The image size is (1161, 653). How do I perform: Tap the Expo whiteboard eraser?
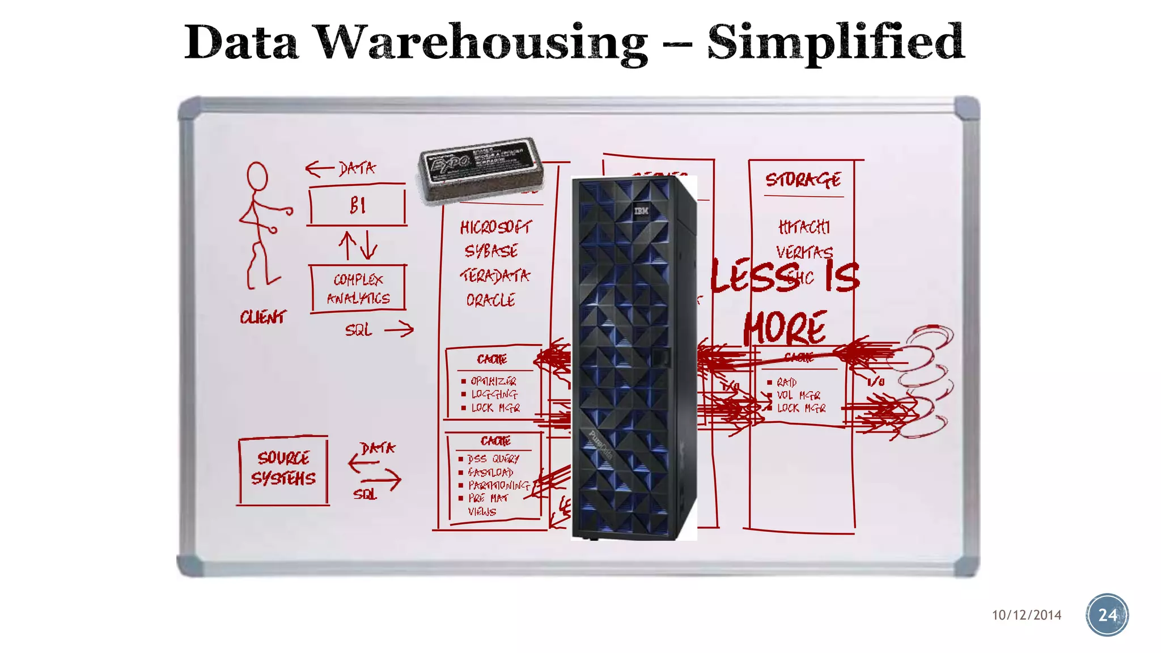(x=481, y=168)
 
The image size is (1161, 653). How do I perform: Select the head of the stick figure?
(x=257, y=176)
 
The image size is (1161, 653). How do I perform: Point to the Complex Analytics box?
(x=358, y=289)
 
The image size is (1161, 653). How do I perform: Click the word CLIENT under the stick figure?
(x=263, y=317)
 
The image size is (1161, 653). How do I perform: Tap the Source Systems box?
(x=283, y=469)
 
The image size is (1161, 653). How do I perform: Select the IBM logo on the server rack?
(x=641, y=211)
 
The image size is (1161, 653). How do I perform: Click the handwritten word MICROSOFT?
(x=496, y=228)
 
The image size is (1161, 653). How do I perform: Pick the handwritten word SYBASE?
(x=491, y=251)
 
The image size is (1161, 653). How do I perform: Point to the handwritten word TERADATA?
(x=495, y=276)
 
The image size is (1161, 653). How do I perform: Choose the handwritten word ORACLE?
(x=491, y=300)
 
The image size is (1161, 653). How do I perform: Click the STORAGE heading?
(x=803, y=180)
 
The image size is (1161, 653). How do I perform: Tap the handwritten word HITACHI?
(x=804, y=227)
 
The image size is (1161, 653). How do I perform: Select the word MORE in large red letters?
(x=785, y=328)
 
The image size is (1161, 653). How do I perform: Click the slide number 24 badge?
(x=1107, y=615)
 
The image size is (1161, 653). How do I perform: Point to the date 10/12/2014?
(x=1027, y=616)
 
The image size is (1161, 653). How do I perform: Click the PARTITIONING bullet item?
(x=498, y=485)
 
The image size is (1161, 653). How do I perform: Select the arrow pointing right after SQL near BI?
(x=399, y=329)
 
